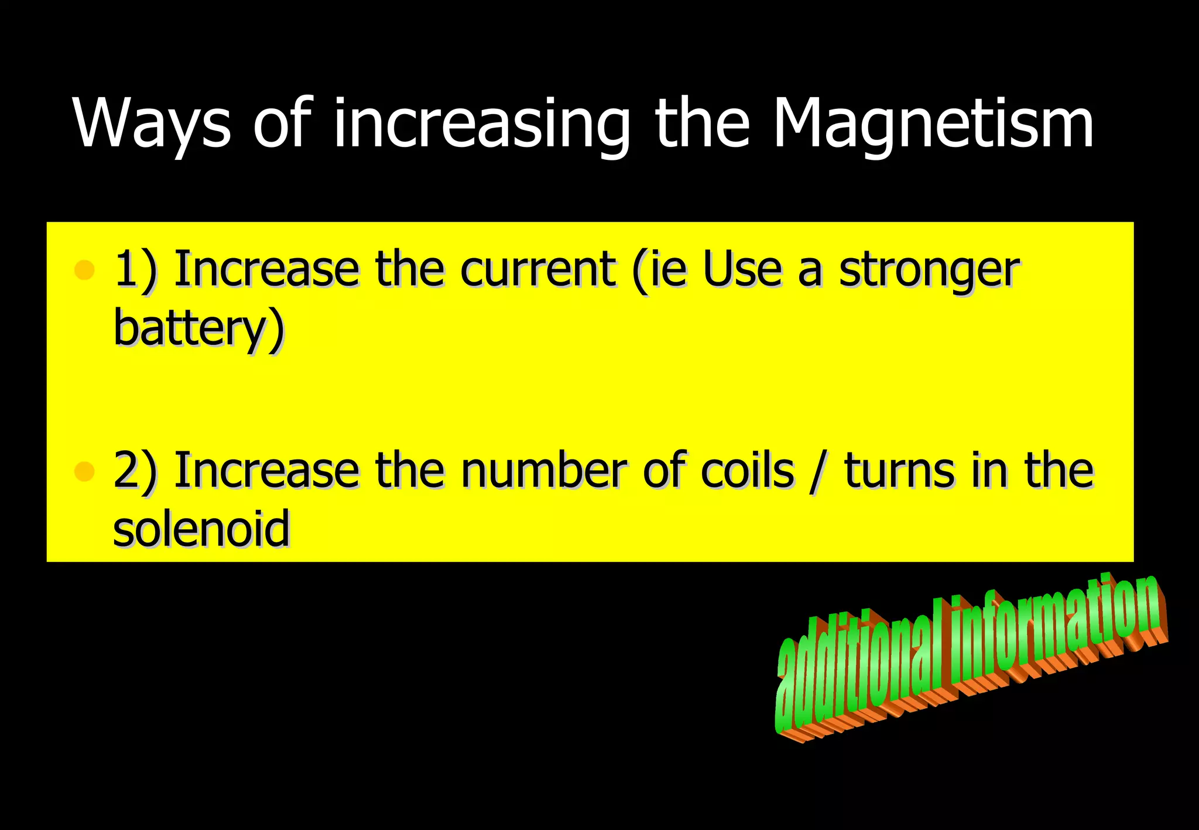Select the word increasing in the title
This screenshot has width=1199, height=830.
tap(481, 124)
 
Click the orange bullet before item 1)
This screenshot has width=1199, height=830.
tap(85, 270)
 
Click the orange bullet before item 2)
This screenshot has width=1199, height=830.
tap(85, 471)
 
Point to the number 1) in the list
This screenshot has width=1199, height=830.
tap(135, 269)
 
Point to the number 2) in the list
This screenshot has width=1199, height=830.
tap(135, 471)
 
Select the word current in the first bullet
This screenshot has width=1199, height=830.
tap(537, 269)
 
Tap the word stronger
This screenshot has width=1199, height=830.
tap(929, 270)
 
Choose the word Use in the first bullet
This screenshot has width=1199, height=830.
tap(742, 269)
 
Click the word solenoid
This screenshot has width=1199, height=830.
tap(201, 528)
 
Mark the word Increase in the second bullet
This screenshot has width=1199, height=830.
tap(266, 471)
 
